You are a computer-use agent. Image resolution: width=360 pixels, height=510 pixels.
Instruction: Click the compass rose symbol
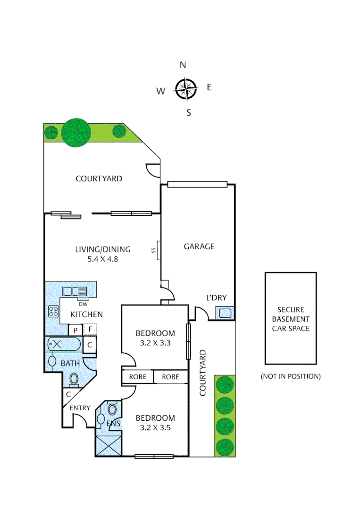tap(185, 88)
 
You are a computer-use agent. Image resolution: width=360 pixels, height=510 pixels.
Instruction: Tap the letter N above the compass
tap(183, 65)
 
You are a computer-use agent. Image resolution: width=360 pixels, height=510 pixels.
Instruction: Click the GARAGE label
tap(199, 246)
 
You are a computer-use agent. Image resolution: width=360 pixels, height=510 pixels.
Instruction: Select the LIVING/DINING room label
tap(103, 249)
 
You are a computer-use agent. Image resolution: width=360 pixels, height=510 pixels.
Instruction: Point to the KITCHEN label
tap(86, 314)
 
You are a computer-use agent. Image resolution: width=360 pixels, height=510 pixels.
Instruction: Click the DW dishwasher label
tap(83, 304)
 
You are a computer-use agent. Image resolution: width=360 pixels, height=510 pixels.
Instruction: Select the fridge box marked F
tap(90, 329)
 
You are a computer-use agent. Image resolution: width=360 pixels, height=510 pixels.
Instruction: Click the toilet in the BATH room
tap(74, 379)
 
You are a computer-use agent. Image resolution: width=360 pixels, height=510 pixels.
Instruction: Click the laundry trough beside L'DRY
tap(224, 313)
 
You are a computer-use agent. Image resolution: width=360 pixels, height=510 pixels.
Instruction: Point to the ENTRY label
tap(80, 408)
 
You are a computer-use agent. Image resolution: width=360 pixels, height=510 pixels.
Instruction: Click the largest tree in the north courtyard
tap(75, 132)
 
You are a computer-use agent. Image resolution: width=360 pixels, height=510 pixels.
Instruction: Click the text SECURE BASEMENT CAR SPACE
tap(291, 319)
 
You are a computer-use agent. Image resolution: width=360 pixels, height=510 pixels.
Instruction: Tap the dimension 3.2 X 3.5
tap(155, 429)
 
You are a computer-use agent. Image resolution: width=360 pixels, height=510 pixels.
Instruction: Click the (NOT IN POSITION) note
tap(291, 376)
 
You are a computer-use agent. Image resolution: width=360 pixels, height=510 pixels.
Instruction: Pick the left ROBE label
tap(138, 377)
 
